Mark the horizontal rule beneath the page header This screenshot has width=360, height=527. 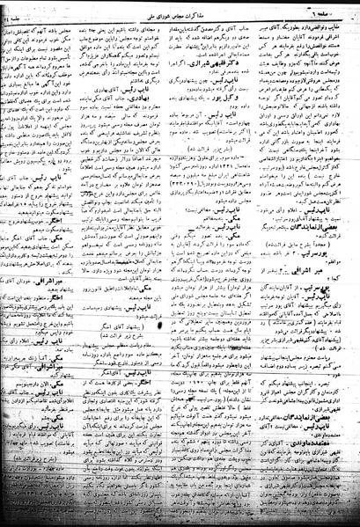(x=180, y=16)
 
